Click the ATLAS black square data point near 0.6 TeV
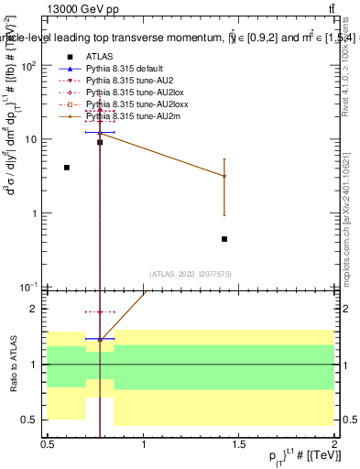point(67,168)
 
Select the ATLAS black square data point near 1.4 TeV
point(224,239)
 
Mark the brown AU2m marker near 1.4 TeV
point(224,176)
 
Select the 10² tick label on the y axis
point(30,66)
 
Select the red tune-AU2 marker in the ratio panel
point(100,311)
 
